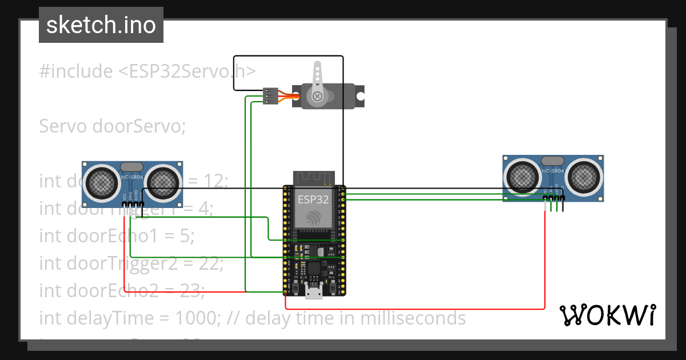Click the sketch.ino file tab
click(x=101, y=25)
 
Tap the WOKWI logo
click(x=607, y=315)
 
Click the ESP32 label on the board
click(x=313, y=199)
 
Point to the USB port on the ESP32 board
click(x=313, y=292)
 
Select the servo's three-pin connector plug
click(x=270, y=95)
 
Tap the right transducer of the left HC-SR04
click(x=162, y=182)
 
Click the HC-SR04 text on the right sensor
click(x=553, y=171)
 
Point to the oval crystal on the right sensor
click(x=552, y=161)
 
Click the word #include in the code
click(x=76, y=71)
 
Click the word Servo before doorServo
click(x=62, y=126)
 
